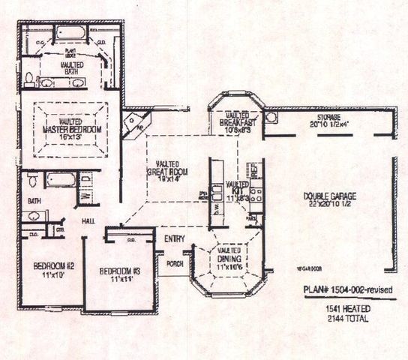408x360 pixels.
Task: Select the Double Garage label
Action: [330, 196]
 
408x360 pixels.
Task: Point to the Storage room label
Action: [328, 118]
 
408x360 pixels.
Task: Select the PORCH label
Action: [175, 263]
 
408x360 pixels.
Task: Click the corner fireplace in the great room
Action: [136, 121]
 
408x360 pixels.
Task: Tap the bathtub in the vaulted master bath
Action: [70, 34]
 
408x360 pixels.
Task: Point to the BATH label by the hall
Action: [34, 201]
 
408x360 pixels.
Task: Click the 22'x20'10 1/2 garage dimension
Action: [330, 205]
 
